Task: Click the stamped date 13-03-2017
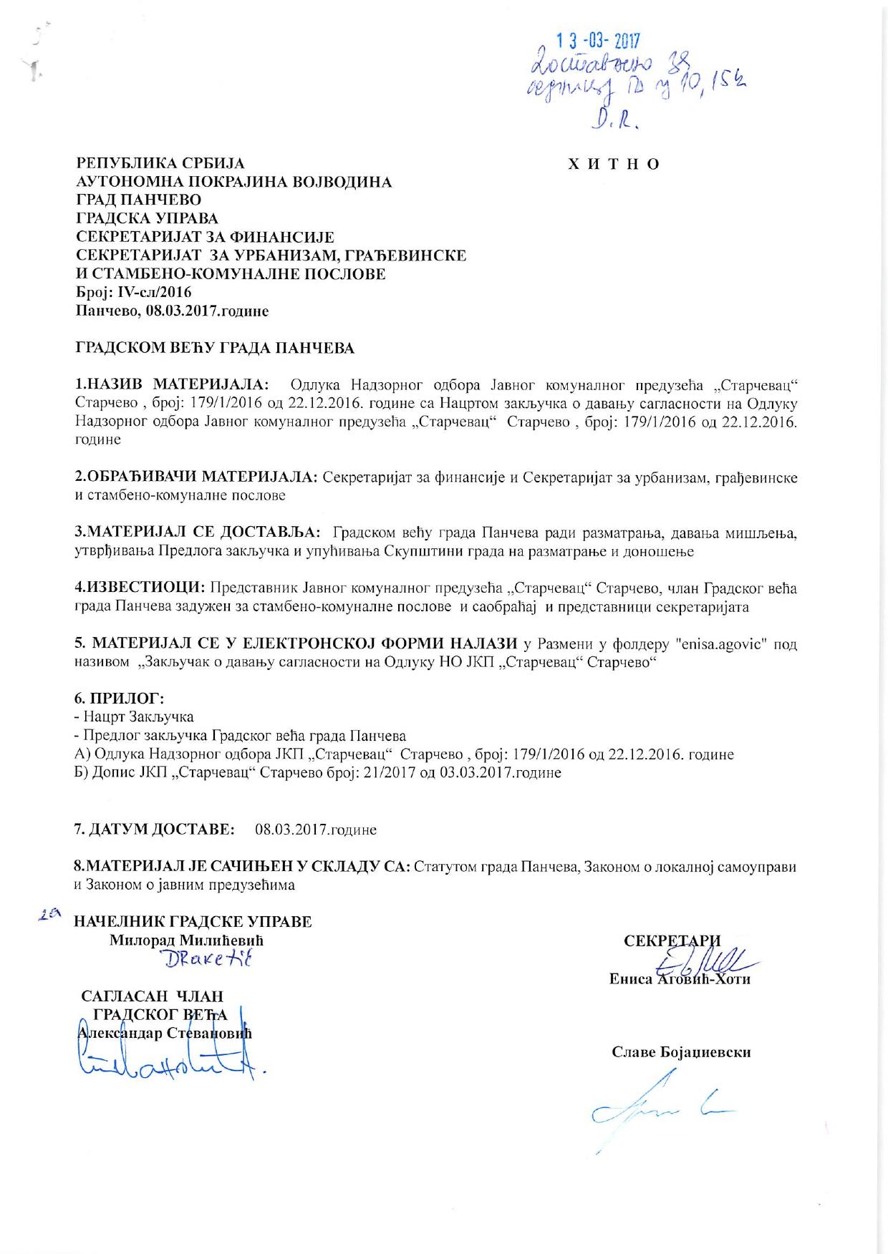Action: [599, 40]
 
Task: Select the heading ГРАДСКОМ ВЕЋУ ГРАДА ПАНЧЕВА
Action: [215, 349]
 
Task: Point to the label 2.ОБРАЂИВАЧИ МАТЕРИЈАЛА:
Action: [197, 477]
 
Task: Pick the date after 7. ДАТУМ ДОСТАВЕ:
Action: [316, 830]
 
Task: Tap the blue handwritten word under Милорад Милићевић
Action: [208, 959]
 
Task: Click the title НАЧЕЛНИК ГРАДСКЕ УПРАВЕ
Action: [193, 921]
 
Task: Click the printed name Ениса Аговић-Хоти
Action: [680, 979]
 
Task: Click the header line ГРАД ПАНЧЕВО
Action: [139, 200]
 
